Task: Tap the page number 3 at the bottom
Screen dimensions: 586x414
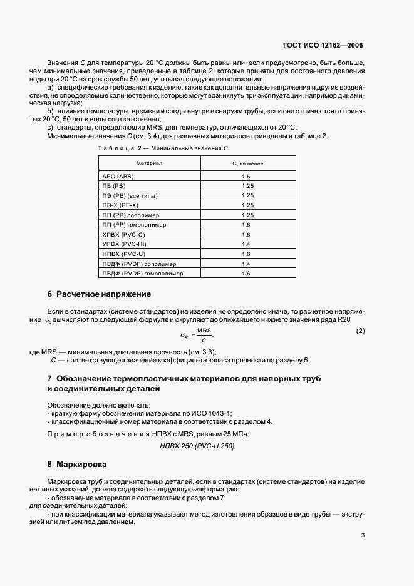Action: click(x=363, y=535)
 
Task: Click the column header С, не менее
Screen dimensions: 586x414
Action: click(x=247, y=163)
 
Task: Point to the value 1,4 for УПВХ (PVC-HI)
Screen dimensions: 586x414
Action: click(x=246, y=244)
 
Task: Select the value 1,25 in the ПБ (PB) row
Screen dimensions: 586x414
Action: click(x=247, y=187)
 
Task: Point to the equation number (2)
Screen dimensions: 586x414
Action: click(x=360, y=331)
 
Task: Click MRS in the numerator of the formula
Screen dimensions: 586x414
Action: click(x=204, y=330)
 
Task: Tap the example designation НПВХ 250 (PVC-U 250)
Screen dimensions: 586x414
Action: click(x=198, y=446)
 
